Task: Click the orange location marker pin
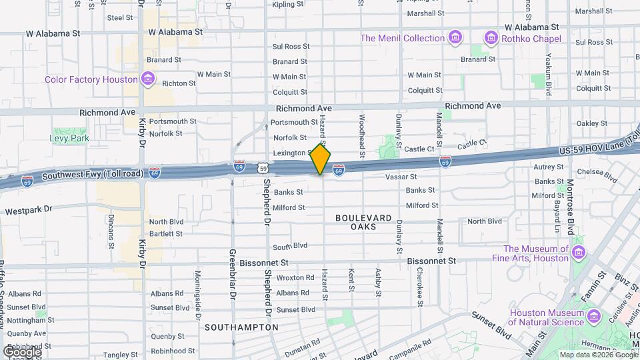321,159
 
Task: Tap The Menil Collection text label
402,38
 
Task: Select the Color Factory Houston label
91,79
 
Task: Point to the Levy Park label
69,139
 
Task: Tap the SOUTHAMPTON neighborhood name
241,327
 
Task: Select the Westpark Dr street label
28,210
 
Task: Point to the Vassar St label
401,177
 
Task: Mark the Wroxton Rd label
295,277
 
